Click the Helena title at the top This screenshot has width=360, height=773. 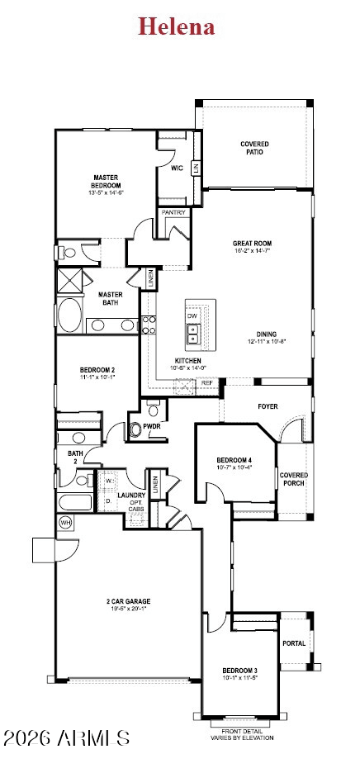[176, 26]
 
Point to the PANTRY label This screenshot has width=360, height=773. [173, 212]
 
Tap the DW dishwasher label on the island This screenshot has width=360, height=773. [192, 316]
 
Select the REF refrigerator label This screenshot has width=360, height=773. [206, 383]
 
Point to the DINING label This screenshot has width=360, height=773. [266, 334]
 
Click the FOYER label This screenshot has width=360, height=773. [268, 406]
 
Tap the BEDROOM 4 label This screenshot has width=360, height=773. [234, 460]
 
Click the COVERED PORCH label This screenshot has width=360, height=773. [293, 479]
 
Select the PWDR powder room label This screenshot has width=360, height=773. [152, 426]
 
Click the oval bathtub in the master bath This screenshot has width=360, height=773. [69, 315]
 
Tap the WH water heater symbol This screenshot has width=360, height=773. [65, 522]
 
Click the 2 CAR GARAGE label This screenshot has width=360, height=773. [127, 601]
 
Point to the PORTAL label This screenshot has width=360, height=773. [293, 643]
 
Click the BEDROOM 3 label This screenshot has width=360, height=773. [239, 670]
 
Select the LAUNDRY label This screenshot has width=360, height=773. [131, 496]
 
